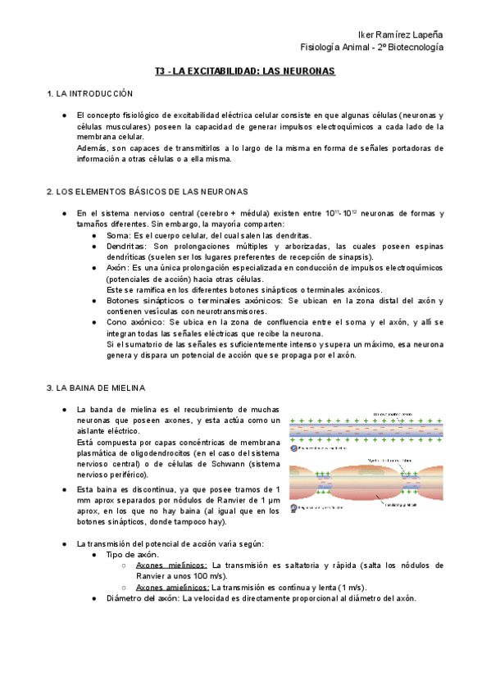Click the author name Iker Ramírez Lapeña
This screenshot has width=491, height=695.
click(x=397, y=32)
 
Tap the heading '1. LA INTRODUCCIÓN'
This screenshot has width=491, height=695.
click(x=89, y=95)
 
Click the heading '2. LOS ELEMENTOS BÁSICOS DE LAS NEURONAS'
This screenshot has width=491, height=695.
click(x=148, y=191)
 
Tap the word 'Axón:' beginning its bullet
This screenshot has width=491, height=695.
click(x=119, y=268)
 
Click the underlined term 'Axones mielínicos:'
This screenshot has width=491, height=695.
click(x=171, y=565)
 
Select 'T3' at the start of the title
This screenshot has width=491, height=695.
click(x=161, y=72)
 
